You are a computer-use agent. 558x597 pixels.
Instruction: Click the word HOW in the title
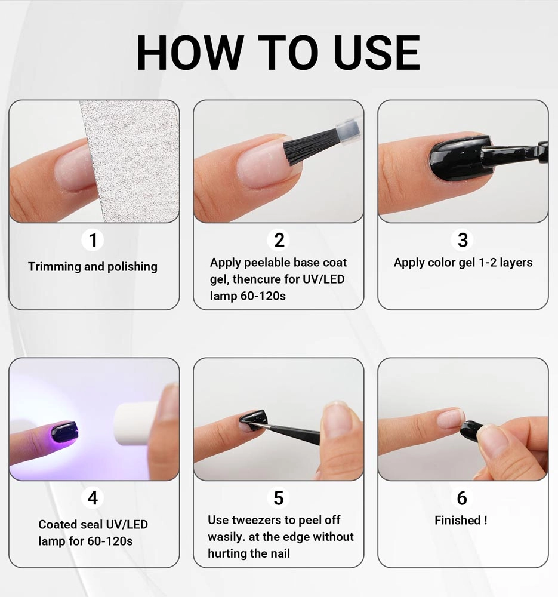click(190, 53)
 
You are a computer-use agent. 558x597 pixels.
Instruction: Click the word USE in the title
click(377, 53)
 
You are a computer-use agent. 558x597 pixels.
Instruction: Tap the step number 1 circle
click(93, 240)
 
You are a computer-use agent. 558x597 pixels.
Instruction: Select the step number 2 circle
click(279, 240)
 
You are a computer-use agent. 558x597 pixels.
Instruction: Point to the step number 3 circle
click(463, 240)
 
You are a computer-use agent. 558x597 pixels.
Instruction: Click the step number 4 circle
click(93, 498)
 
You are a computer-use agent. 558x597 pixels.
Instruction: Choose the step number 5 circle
click(279, 498)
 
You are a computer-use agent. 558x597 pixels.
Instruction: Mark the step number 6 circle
click(462, 498)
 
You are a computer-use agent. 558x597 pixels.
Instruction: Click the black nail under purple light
click(64, 432)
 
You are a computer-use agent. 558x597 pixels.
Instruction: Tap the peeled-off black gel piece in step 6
click(472, 431)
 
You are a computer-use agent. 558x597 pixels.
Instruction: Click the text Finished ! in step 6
click(461, 520)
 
